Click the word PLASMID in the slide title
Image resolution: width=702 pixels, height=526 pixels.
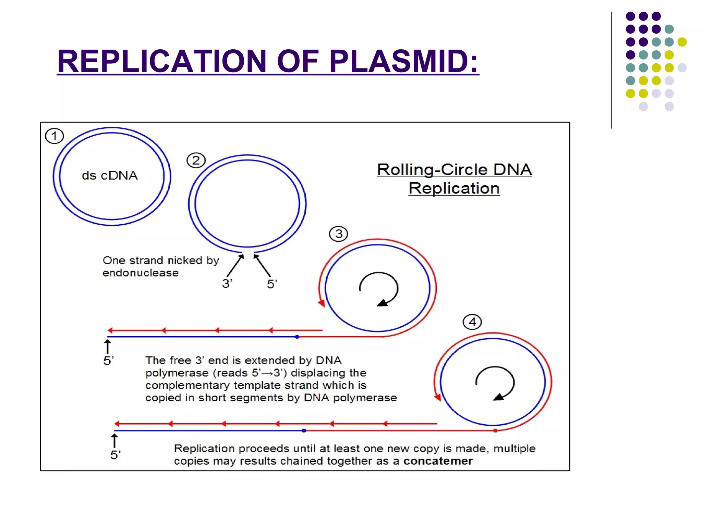pos(403,61)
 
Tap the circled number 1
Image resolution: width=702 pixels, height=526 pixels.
pos(54,136)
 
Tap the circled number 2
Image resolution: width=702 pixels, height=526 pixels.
pos(196,160)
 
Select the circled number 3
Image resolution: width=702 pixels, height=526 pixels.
pos(338,234)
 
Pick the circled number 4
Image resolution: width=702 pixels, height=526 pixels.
pos(472,322)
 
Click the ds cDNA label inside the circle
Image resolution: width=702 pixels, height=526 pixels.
pos(110,175)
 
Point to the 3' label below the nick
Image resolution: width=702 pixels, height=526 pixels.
pos(227,284)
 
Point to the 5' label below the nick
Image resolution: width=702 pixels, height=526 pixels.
pos(272,284)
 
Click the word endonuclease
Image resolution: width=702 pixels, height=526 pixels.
pos(141,273)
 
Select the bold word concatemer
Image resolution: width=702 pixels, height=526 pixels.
pos(438,461)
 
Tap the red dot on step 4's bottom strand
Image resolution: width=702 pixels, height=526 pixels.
pos(495,430)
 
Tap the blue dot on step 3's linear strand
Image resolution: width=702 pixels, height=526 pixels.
pos(297,337)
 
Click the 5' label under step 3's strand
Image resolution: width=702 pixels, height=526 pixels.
pos(108,361)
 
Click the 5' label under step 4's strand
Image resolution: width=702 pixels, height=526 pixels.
pos(115,455)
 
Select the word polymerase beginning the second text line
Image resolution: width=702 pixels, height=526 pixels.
pos(177,373)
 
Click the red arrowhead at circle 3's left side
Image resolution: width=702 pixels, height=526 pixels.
pos(321,303)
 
